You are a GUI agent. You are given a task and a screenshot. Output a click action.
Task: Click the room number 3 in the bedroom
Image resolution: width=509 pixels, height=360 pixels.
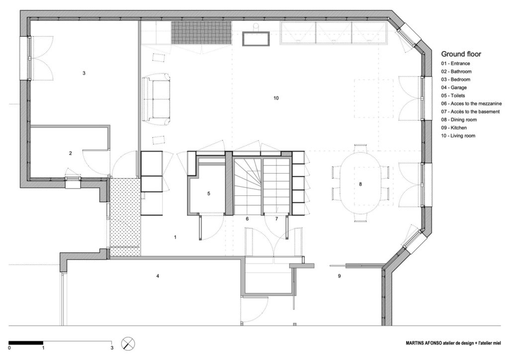(84, 73)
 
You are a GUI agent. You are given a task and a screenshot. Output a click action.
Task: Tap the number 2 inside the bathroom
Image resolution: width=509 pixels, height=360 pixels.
(71, 154)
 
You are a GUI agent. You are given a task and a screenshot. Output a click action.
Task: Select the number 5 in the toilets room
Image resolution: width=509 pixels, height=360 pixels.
(209, 193)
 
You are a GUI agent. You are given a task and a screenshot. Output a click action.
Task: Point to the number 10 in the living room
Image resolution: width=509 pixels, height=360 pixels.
(276, 98)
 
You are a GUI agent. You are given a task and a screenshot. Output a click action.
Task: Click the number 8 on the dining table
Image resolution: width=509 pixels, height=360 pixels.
(360, 184)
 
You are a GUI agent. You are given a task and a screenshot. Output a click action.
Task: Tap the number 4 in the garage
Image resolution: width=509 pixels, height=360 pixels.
(158, 275)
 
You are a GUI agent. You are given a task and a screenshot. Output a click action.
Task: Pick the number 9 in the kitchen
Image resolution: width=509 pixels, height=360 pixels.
(339, 275)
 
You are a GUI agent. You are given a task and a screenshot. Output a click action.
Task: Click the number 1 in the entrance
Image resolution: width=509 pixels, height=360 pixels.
(175, 237)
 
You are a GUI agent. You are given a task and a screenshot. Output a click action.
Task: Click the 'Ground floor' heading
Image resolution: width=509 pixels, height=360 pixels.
(461, 54)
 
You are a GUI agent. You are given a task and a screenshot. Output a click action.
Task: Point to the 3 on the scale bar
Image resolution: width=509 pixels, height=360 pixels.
(112, 348)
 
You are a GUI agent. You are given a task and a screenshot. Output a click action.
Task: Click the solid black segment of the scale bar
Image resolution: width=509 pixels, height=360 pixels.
(26, 342)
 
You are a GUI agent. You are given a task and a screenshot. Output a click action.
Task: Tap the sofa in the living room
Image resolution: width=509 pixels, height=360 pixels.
(157, 98)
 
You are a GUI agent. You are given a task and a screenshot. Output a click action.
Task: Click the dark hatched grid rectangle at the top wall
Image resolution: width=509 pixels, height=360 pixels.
(202, 33)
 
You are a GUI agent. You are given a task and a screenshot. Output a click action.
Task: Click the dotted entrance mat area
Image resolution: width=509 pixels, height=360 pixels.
(124, 217)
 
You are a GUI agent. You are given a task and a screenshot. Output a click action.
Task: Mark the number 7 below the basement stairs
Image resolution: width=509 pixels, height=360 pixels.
(277, 219)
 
